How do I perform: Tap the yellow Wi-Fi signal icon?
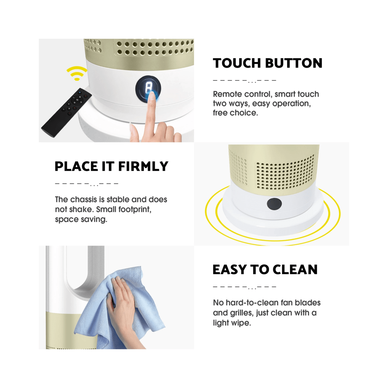pyautogui.click(x=77, y=73)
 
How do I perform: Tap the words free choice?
pyautogui.click(x=235, y=113)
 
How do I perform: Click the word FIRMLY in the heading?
pyautogui.click(x=143, y=166)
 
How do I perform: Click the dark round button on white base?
pyautogui.click(x=274, y=204)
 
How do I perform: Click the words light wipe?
pyautogui.click(x=232, y=323)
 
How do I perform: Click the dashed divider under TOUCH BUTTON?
pyautogui.click(x=244, y=80)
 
